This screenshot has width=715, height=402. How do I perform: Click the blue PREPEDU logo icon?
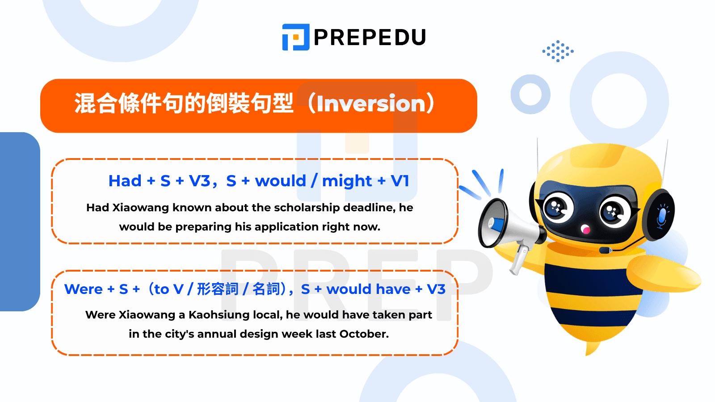coord(295,37)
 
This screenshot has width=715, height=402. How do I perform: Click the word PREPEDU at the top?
coord(370,38)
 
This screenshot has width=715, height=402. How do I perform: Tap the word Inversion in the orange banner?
coord(371,104)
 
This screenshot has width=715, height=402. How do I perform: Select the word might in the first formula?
coord(347,181)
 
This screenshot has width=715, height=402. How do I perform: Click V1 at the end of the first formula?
coord(400,181)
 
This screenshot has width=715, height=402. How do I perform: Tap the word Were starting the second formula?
coord(84,289)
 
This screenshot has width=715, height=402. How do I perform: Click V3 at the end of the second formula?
coord(436,289)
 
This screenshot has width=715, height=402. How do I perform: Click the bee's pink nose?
coord(585,230)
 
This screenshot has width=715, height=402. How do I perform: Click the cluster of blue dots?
coord(558,51)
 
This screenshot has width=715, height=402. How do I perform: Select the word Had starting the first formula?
coord(125,181)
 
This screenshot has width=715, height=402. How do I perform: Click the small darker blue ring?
coord(530,94)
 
